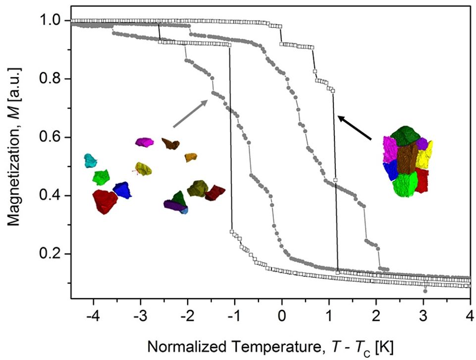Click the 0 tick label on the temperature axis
[282, 315]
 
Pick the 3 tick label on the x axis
[423, 315]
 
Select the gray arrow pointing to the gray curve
[190, 112]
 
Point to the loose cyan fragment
[91, 160]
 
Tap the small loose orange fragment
[191, 157]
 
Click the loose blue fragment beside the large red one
[122, 190]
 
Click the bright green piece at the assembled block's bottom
[405, 184]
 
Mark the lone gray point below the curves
[425, 291]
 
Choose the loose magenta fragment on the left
[145, 142]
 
